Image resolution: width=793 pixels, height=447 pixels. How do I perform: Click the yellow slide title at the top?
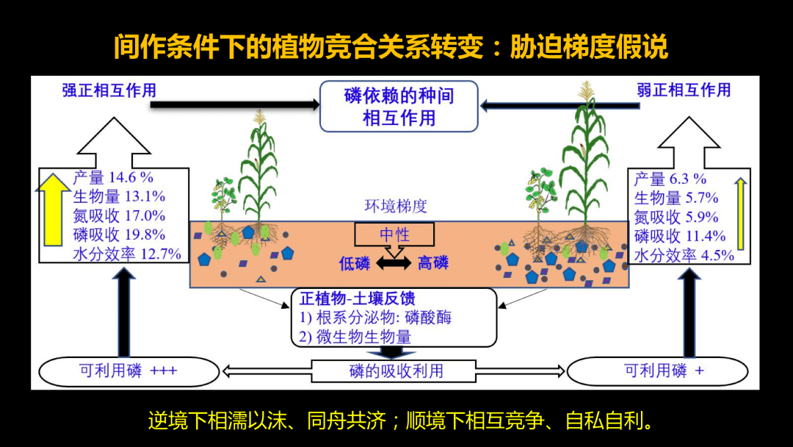click(x=391, y=46)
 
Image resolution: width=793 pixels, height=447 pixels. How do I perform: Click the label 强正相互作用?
click(x=109, y=90)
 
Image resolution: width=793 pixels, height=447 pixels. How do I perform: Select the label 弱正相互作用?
click(x=684, y=90)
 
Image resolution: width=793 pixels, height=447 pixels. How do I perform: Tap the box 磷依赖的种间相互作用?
click(x=399, y=107)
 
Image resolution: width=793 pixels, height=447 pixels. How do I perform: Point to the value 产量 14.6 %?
click(x=113, y=177)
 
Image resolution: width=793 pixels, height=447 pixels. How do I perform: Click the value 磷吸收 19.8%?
click(x=119, y=235)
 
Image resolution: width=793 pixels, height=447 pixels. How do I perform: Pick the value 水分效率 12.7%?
click(x=126, y=254)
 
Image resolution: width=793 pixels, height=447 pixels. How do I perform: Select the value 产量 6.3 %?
click(x=670, y=179)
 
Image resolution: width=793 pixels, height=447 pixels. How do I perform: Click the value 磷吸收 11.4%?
click(x=680, y=236)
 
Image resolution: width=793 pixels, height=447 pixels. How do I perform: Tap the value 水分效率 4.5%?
click(x=684, y=255)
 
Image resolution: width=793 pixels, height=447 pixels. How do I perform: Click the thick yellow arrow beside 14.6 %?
click(x=53, y=209)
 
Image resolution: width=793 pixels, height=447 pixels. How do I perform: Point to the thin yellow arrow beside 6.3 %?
click(x=740, y=214)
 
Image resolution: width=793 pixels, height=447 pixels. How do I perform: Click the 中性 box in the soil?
click(x=394, y=235)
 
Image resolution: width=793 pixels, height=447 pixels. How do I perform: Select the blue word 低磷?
click(x=355, y=263)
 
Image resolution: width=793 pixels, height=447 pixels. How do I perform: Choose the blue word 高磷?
click(x=433, y=262)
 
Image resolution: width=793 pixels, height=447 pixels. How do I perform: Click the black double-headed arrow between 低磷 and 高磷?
click(x=394, y=263)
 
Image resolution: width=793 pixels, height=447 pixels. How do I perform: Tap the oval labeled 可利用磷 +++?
click(x=129, y=371)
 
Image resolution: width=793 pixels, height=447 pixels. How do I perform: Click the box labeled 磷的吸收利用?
click(x=394, y=371)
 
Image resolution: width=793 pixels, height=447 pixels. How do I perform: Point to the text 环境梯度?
click(x=396, y=206)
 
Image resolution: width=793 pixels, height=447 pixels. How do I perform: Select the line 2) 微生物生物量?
click(x=355, y=337)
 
